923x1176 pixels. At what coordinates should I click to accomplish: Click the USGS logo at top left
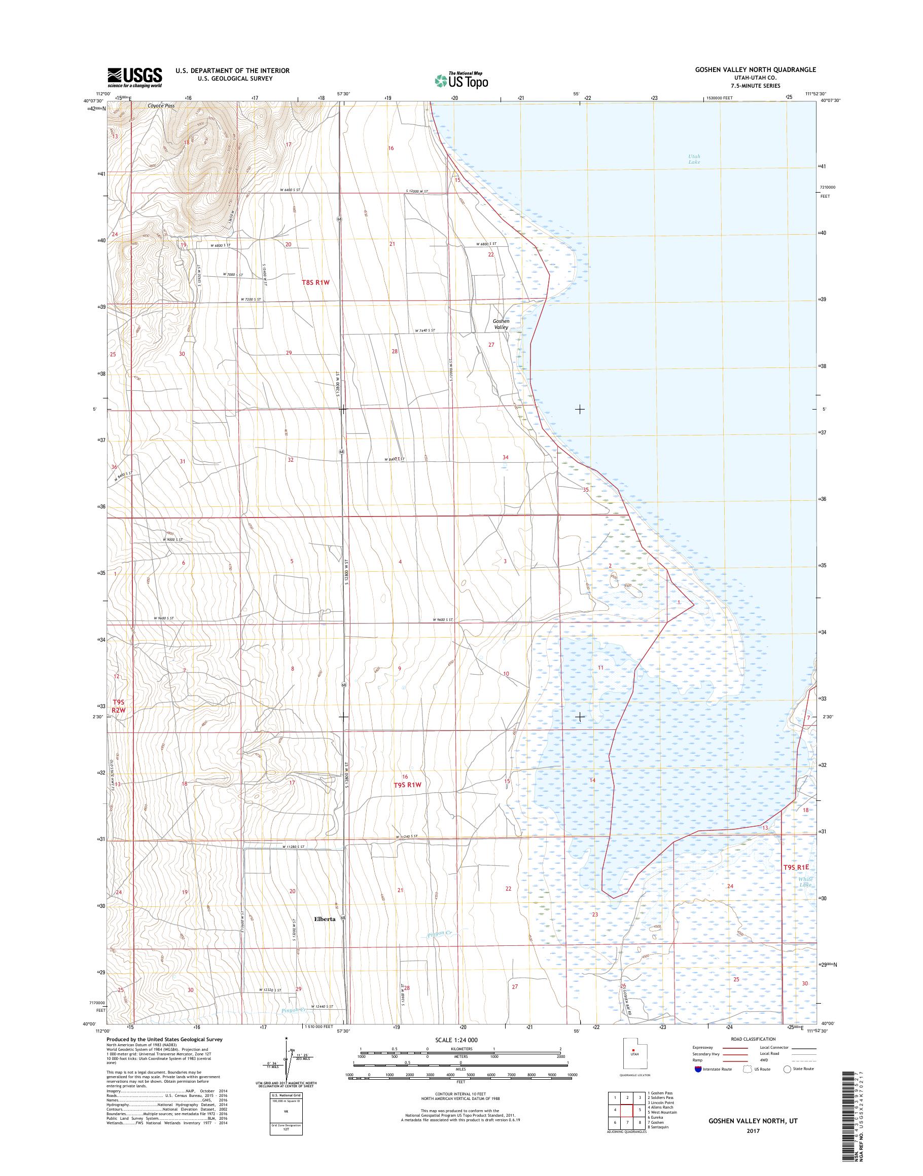(134, 78)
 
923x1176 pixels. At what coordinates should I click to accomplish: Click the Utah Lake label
(694, 159)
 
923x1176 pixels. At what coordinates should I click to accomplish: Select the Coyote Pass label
(161, 106)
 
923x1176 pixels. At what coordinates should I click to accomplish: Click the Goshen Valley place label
(501, 324)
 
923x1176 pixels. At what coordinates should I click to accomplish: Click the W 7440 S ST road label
(425, 330)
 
